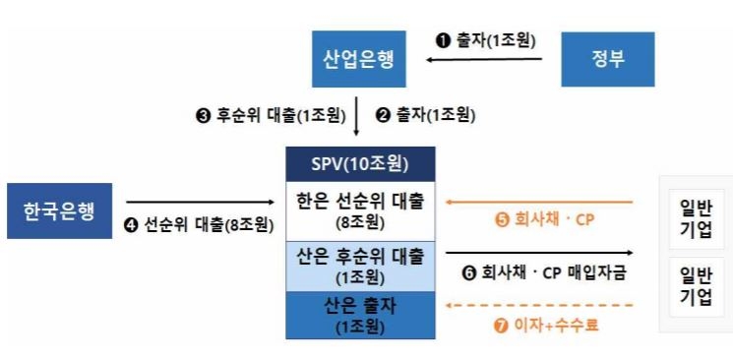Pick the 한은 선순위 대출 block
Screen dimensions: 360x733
point(360,210)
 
